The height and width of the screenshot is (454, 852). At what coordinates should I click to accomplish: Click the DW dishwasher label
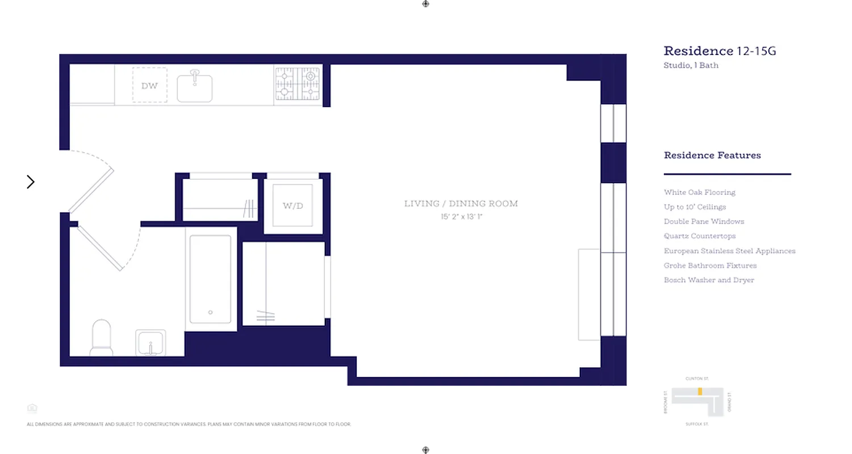149,86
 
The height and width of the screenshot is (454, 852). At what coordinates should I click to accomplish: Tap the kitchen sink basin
195,87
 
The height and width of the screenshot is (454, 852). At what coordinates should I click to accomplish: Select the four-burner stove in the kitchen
298,84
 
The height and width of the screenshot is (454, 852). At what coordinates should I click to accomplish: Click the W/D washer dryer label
293,205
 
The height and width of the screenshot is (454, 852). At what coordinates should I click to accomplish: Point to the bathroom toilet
102,338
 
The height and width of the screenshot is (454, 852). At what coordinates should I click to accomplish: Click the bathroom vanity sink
151,343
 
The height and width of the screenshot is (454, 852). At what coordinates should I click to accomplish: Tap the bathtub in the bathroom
210,279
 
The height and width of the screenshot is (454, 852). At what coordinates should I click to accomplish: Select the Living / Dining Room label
461,204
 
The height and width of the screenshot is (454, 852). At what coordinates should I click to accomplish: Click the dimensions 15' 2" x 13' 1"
461,217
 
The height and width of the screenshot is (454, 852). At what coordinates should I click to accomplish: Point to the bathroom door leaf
100,247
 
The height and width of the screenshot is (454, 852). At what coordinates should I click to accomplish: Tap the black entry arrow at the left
31,182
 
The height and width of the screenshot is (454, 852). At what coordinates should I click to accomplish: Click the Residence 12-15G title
720,51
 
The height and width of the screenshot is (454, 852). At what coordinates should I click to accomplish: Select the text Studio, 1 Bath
691,65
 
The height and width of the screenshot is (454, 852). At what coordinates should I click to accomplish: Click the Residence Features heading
712,155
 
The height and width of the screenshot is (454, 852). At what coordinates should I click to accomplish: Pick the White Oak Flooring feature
699,192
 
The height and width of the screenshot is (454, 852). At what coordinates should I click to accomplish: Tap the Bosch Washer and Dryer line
709,280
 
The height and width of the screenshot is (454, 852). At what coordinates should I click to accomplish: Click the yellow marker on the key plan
700,392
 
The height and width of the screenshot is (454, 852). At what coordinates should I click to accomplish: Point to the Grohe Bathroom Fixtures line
710,266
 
